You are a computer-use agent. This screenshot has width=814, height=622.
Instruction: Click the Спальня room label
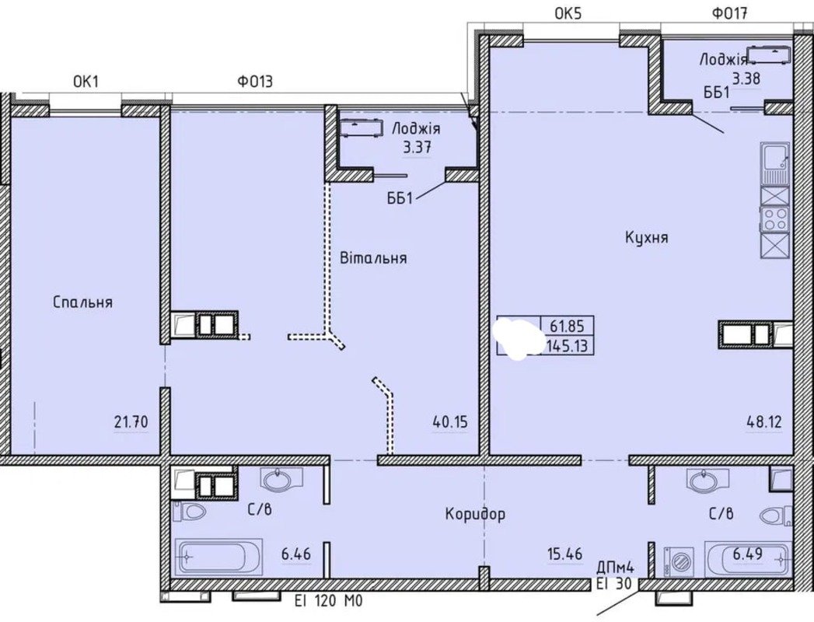coord(83,302)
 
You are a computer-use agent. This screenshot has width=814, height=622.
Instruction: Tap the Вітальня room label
coord(373,257)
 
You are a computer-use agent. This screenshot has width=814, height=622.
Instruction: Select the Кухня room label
coord(646,238)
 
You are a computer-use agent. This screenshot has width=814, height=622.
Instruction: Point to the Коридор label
coord(475,514)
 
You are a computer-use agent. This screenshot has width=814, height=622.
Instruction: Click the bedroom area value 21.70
coord(131,421)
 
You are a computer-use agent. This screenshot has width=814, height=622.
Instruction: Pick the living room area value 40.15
coord(450,421)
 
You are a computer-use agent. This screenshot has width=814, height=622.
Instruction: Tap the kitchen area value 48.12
coord(764,421)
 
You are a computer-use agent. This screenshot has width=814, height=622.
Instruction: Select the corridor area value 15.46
coord(564,554)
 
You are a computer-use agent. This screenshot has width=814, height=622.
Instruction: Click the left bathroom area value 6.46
coord(296,554)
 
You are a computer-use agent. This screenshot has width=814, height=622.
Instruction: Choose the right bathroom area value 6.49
coord(748,554)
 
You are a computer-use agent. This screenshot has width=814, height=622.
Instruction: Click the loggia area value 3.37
coord(417,148)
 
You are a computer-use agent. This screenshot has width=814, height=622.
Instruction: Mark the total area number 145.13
coord(568,345)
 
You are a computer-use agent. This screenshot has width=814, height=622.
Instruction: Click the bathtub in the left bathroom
coord(218,557)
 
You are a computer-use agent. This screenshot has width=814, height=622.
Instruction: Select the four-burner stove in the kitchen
coord(775,218)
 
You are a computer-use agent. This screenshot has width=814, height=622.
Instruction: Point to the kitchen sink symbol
coord(775,164)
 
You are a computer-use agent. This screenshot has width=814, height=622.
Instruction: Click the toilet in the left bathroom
coord(190,512)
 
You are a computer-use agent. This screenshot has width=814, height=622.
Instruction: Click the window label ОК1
coord(86,82)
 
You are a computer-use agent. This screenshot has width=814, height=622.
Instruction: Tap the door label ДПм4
coord(616,568)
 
